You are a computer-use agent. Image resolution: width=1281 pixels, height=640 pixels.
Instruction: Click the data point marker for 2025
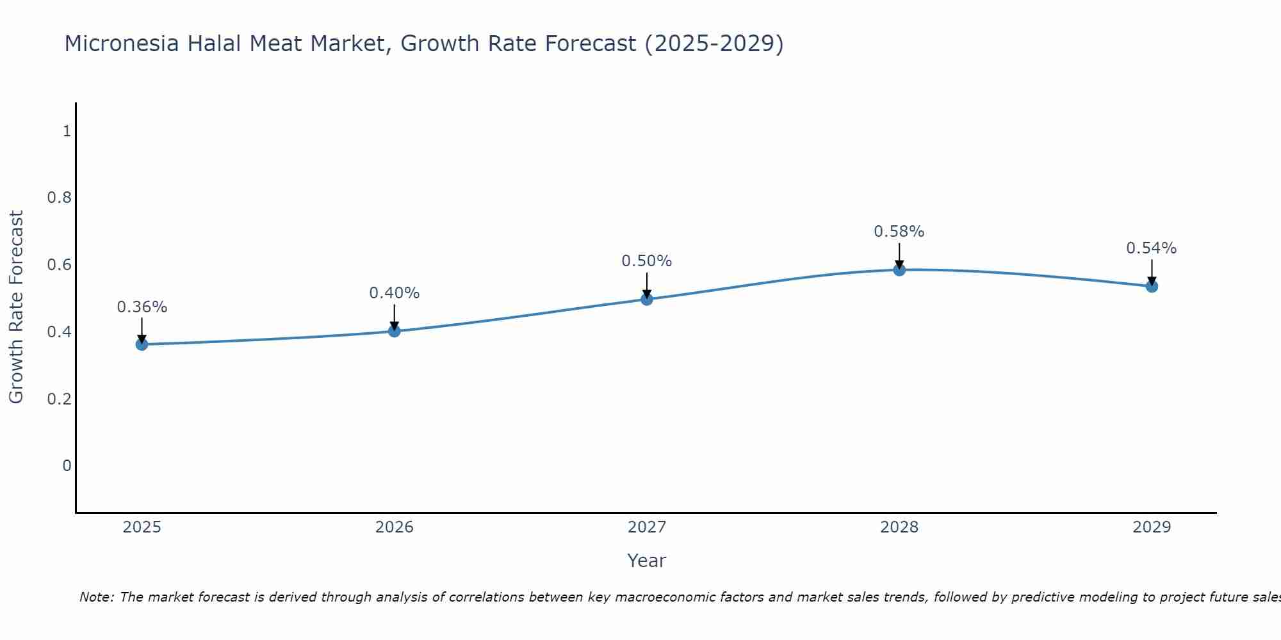pos(142,344)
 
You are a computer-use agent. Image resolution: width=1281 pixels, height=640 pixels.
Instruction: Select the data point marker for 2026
pos(394,331)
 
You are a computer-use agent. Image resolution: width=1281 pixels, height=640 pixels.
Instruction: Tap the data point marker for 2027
pos(647,299)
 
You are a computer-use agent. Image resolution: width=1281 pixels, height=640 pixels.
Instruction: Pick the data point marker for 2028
pos(899,269)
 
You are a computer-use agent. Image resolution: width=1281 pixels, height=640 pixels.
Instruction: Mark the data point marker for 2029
pos(1152,286)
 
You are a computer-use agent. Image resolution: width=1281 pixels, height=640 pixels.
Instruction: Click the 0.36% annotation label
pos(142,307)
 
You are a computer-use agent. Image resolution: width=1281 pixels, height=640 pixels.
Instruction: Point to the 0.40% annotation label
pos(394,293)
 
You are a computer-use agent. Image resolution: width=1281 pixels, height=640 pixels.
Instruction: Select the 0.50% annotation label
pos(647,261)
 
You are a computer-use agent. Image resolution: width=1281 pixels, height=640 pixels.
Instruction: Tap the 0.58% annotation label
pos(899,232)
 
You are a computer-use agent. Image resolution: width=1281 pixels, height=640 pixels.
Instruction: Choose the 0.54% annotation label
pos(1152,248)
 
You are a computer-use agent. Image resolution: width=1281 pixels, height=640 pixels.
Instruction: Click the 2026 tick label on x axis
pos(394,527)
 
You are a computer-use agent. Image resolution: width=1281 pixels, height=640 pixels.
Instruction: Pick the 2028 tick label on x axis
pos(899,527)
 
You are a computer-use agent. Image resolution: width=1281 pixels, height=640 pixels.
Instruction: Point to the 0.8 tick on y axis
pos(60,198)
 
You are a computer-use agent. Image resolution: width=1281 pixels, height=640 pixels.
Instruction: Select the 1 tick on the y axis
pos(67,131)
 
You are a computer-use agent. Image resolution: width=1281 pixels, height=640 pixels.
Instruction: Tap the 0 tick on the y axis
pos(67,466)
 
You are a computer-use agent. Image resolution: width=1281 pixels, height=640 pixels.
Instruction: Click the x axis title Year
pos(647,561)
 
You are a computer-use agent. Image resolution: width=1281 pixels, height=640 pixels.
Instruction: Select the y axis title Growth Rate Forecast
pos(16,307)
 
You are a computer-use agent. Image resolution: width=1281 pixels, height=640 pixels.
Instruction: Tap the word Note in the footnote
pos(96,597)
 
